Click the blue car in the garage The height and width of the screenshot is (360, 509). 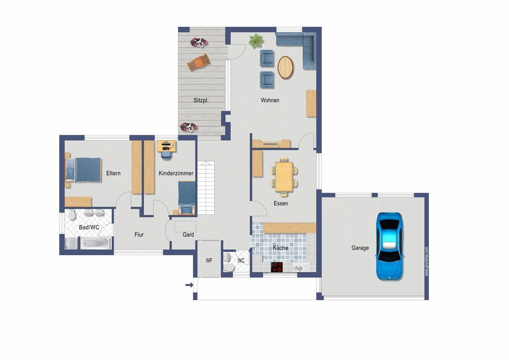(x=389, y=246)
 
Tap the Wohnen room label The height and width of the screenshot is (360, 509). (x=270, y=100)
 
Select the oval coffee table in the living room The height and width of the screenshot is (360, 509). (x=285, y=67)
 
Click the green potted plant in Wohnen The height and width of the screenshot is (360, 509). (x=256, y=41)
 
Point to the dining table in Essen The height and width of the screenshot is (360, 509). (x=284, y=177)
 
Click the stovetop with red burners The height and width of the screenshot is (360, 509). (x=277, y=267)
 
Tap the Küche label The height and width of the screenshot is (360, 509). (x=280, y=247)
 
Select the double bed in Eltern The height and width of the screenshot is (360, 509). (x=83, y=170)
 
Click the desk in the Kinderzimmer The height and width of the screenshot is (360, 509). (x=167, y=146)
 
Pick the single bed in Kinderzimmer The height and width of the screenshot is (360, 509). (x=187, y=198)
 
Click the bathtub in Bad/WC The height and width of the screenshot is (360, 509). (x=96, y=243)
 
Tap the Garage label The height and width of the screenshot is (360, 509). (x=360, y=247)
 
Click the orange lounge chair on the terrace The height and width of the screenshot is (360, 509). (x=199, y=62)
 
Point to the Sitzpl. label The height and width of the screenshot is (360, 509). (x=201, y=100)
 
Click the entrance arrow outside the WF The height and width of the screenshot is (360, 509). (x=189, y=285)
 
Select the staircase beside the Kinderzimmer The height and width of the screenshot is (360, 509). (x=206, y=188)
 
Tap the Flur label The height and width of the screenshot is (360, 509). (x=139, y=234)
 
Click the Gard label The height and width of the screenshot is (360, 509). (x=188, y=234)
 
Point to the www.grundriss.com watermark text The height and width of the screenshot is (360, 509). (x=426, y=262)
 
